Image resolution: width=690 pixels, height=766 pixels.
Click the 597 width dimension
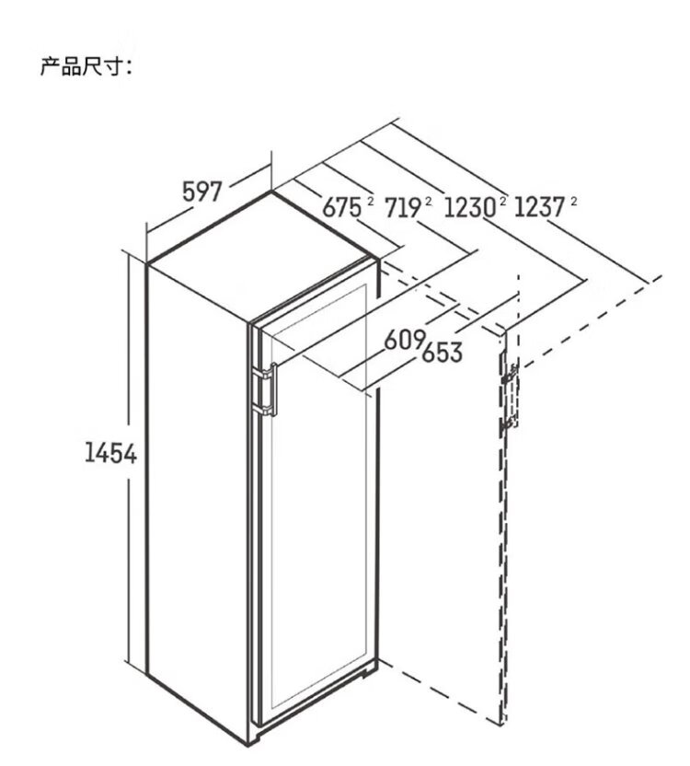coord(203,191)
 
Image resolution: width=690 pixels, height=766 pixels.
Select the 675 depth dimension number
coord(341,208)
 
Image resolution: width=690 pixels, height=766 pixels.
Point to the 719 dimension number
coord(403,208)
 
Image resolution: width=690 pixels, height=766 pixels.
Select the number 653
coord(442,353)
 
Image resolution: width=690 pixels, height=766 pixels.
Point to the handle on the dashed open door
coord(509,399)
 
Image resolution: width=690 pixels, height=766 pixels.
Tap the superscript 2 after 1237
coord(573,200)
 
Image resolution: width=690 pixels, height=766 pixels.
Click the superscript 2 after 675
coord(369,200)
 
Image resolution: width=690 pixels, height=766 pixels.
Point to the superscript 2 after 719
coord(429,200)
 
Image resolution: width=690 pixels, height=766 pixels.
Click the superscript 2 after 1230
coord(503,200)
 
